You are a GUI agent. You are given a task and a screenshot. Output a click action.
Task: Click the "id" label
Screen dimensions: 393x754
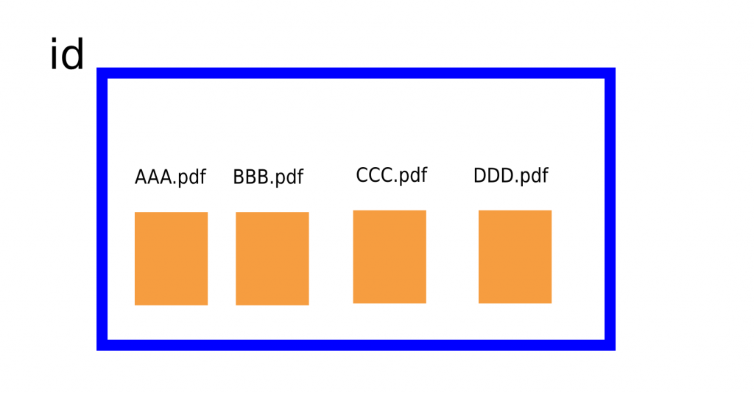[x=66, y=56]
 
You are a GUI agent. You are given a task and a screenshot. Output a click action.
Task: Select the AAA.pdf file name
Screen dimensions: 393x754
[x=170, y=178]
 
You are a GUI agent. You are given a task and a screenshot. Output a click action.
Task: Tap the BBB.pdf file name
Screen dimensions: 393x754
[x=268, y=178]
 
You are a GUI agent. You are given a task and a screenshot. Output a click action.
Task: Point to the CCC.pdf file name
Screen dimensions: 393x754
[x=391, y=176]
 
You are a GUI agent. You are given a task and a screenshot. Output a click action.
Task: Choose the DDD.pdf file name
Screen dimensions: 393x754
[x=510, y=177]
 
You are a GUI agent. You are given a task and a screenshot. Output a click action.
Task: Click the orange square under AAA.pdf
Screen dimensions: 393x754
[x=171, y=258]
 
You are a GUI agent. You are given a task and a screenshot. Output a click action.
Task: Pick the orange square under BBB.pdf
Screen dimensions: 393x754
[x=272, y=258]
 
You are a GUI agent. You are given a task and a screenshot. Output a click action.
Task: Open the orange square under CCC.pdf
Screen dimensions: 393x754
[x=390, y=257]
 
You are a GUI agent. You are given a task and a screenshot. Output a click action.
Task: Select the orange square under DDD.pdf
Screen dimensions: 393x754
[x=515, y=257]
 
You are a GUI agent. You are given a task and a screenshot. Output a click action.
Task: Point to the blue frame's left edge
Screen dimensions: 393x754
[x=102, y=209]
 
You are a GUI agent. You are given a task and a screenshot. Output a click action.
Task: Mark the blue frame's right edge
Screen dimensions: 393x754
[x=610, y=209]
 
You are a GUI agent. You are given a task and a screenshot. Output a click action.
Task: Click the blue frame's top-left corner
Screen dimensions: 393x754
[x=102, y=73]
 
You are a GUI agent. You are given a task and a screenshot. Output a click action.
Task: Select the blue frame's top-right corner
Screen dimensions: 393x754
[x=610, y=73]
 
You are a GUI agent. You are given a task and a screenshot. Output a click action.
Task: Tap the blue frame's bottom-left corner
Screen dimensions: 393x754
[x=102, y=345]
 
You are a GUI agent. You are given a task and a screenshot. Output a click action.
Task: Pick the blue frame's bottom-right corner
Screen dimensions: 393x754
[x=610, y=345]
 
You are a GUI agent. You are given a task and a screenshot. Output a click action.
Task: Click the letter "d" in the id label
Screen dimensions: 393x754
[x=73, y=56]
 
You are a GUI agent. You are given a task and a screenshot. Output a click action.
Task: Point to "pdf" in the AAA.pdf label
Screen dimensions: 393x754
[x=191, y=179]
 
